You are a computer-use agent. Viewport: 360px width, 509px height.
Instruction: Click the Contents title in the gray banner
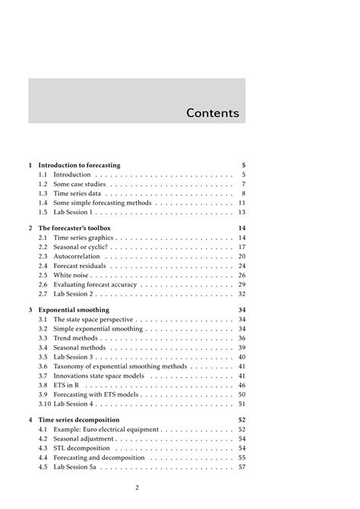213,113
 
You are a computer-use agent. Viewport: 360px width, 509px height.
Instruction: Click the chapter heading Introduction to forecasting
79,165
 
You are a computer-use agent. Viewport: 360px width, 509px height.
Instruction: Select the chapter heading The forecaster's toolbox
74,228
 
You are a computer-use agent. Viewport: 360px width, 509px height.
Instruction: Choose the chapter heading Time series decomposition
80,419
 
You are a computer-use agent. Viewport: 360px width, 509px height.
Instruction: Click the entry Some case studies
77,185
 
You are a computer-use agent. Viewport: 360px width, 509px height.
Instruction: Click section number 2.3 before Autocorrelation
43,256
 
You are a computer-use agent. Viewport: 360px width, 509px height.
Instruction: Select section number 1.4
43,204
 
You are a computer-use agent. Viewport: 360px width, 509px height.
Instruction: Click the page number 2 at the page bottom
137,488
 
